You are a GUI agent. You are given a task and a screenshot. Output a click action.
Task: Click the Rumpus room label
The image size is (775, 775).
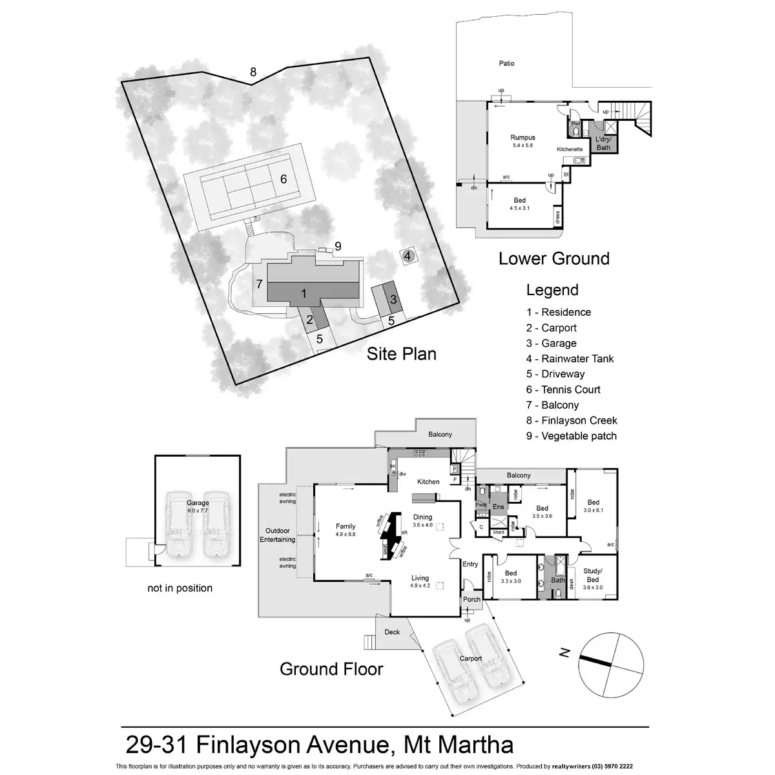522,138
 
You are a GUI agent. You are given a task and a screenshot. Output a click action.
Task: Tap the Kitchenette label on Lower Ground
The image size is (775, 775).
570,149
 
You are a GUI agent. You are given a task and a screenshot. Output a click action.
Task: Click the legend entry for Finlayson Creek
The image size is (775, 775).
572,420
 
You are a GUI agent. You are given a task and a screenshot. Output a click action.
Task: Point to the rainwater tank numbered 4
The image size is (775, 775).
407,256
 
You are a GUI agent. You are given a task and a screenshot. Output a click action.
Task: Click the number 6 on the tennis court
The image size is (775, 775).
283,180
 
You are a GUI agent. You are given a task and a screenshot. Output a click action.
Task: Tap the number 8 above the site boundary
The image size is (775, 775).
253,72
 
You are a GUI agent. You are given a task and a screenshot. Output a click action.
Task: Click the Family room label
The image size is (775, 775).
346,526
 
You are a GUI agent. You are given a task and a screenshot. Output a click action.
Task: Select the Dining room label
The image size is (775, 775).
423,517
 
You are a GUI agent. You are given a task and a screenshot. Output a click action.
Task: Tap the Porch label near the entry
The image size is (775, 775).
472,599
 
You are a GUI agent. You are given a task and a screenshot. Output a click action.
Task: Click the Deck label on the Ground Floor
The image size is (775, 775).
392,632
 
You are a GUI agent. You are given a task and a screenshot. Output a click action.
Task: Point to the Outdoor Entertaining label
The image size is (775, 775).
277,535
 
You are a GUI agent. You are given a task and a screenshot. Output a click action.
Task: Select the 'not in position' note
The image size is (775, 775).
180,588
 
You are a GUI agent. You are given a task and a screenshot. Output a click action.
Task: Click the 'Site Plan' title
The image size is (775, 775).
402,354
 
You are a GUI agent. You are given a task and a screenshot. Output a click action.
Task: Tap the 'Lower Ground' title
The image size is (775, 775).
553,259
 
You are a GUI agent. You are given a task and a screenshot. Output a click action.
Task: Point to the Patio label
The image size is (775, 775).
506,63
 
